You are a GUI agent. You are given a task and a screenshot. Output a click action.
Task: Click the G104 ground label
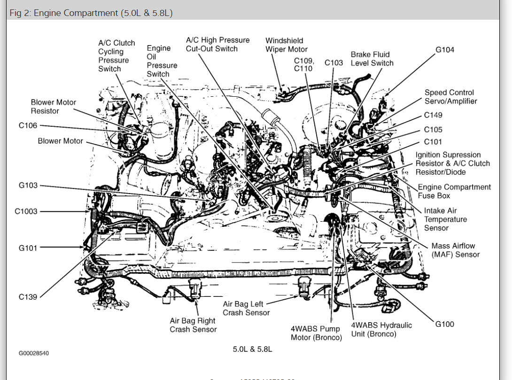point(445,50)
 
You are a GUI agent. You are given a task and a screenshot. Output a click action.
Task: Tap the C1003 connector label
point(26,211)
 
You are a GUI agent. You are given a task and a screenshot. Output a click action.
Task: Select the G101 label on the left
point(28,248)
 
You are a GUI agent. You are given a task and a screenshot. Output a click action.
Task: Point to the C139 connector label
point(28,297)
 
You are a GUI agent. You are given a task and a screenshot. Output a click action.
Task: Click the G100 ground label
point(444,324)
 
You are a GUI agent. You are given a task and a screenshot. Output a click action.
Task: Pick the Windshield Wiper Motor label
point(287,45)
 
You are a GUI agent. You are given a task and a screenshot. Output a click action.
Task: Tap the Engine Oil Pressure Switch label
point(162,61)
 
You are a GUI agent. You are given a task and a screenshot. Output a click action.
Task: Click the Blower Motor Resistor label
point(53,107)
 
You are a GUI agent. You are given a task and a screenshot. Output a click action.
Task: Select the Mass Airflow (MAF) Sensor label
point(455,250)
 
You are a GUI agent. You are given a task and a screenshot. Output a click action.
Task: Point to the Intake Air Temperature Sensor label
point(445,219)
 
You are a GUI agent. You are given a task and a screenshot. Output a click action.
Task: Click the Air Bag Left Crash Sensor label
point(246,309)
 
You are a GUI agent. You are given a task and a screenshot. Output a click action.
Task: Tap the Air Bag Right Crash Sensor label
point(193,325)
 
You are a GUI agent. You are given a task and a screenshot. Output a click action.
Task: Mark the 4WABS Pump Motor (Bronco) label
point(316,333)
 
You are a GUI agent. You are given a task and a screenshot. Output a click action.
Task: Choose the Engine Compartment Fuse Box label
point(454,191)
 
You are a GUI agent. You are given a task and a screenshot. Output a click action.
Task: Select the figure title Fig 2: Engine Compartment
point(91,13)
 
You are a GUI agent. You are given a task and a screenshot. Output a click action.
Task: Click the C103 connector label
point(334,63)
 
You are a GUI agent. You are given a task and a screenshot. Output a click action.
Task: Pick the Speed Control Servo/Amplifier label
point(450,97)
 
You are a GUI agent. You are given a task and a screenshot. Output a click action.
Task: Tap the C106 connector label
point(28,126)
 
